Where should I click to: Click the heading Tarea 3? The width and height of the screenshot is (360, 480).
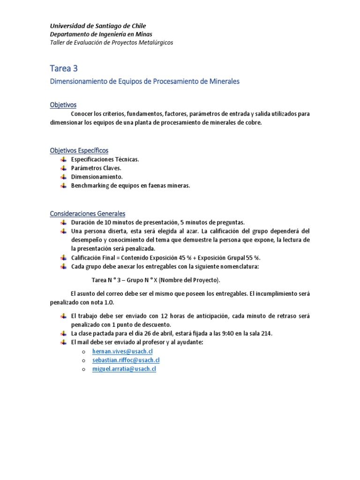[65, 68]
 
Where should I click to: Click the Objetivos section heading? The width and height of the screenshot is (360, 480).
[63, 105]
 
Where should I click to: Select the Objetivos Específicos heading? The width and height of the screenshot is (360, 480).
[79, 150]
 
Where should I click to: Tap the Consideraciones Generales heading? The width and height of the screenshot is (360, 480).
[88, 214]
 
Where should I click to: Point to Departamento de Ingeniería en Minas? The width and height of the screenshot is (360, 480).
[101, 34]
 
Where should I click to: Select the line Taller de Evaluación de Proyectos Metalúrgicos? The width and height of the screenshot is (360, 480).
[112, 42]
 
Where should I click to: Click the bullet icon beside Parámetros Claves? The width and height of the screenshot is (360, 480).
[63, 168]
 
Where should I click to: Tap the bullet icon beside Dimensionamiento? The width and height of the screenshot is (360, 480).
[63, 177]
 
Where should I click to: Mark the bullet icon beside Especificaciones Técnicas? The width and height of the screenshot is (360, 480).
[63, 159]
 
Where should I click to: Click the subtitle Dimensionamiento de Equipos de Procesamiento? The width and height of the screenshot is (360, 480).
[144, 82]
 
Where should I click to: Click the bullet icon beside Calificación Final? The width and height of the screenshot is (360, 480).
[63, 258]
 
